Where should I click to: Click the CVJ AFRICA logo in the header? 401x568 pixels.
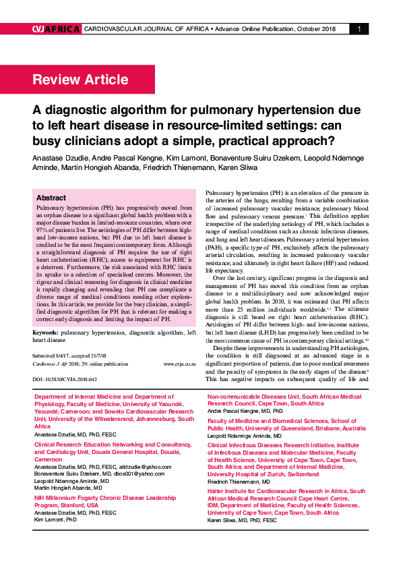56,29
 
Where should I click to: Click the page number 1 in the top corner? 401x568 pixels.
359,29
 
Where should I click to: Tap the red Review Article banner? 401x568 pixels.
80,80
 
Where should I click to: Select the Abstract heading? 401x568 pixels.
51,198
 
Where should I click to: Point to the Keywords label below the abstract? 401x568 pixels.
45,333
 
